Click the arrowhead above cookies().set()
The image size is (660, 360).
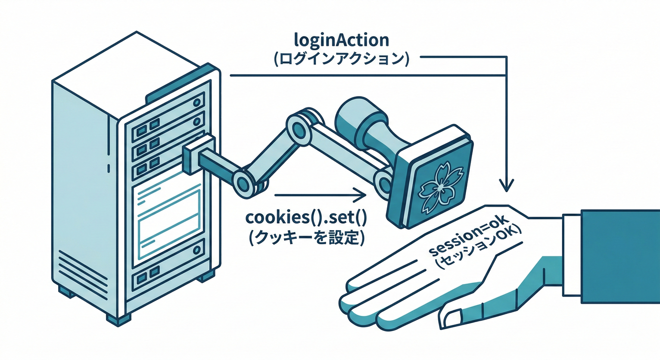click(359, 194)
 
